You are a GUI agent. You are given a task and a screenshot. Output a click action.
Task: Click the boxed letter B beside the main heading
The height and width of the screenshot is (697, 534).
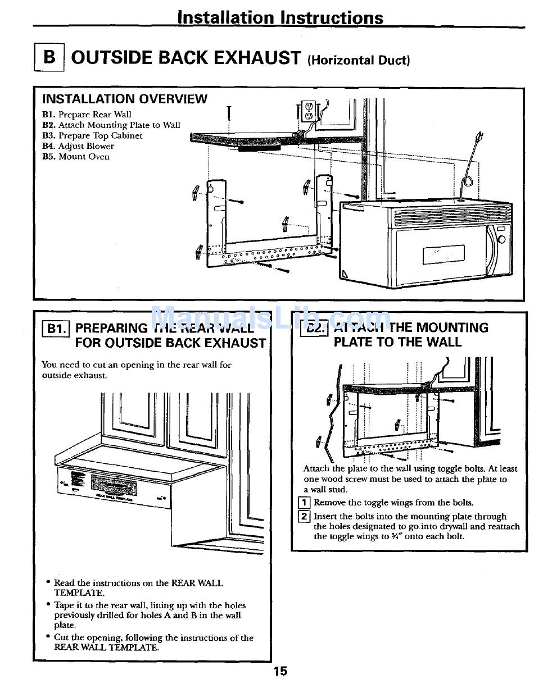coord(49,57)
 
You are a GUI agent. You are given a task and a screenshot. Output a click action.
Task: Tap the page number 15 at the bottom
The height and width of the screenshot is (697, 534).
coord(280,671)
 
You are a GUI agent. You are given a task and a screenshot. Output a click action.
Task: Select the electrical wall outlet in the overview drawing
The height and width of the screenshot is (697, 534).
coord(307,111)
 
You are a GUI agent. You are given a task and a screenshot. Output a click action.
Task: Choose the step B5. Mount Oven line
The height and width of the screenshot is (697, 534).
coord(76,157)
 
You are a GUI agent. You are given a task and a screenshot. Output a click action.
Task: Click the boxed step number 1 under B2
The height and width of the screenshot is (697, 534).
coord(304,503)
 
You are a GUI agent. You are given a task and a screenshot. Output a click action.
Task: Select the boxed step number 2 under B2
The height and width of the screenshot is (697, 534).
coord(304,516)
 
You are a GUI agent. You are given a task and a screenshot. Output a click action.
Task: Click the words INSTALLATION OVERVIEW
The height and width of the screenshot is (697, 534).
coord(125,99)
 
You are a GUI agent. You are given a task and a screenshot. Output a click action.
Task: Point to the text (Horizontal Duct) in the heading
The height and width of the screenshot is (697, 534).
coord(358,60)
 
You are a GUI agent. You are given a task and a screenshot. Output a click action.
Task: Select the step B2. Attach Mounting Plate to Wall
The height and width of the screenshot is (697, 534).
coord(111,125)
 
